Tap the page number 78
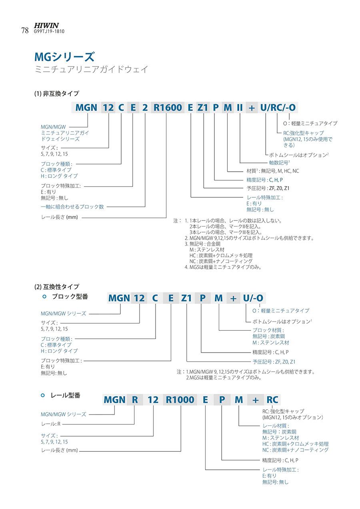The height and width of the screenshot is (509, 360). pyautogui.click(x=24, y=30)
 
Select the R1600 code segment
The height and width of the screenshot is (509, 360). pyautogui.click(x=168, y=107)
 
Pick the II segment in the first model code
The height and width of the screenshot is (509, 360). pyautogui.click(x=240, y=107)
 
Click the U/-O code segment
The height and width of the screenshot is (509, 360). pyautogui.click(x=253, y=298)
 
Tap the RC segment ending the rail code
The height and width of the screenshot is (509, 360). pyautogui.click(x=272, y=399)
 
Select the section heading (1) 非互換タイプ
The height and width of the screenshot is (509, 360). pyautogui.click(x=56, y=94)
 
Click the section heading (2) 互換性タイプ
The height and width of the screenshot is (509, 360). pyautogui.click(x=56, y=287)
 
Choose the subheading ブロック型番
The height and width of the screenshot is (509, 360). pyautogui.click(x=70, y=297)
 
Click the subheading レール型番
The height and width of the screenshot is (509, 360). pyautogui.click(x=66, y=395)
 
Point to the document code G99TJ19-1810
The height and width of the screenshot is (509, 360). pyautogui.click(x=50, y=32)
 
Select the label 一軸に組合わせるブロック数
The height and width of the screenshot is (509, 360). pyautogui.click(x=72, y=206)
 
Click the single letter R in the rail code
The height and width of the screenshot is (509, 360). pyautogui.click(x=135, y=399)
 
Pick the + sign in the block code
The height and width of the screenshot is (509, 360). pyautogui.click(x=233, y=298)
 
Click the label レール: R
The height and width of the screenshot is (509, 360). pyautogui.click(x=51, y=424)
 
